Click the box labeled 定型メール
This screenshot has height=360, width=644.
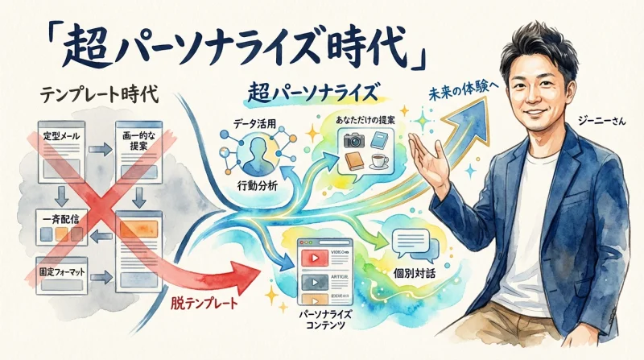(66, 144)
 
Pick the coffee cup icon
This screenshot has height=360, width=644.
(378, 162)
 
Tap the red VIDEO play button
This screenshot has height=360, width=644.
(312, 257)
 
